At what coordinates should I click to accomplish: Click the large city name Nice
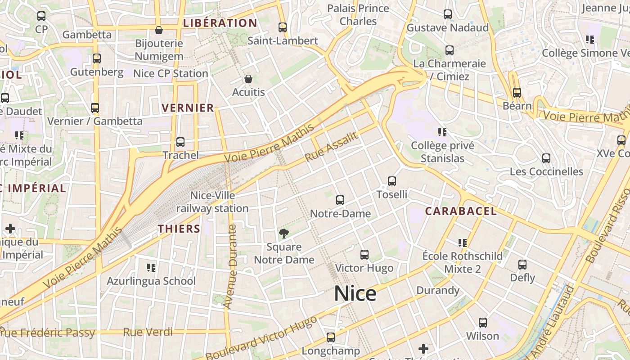[355, 294]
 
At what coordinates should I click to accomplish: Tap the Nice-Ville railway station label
[212, 202]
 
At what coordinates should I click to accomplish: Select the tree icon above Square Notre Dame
[283, 233]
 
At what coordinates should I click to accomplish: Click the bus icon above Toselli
[392, 181]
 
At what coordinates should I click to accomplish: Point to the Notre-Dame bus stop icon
[340, 200]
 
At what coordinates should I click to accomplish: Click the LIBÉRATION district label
[220, 23]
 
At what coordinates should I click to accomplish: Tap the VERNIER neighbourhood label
[188, 108]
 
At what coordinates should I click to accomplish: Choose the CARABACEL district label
[461, 211]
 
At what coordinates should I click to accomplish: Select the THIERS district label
[179, 229]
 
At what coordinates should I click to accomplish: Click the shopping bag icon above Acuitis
[248, 79]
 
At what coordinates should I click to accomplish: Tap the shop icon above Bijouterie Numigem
[159, 30]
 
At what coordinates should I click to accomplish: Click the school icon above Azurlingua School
[151, 268]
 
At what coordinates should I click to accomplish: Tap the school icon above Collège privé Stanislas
[442, 132]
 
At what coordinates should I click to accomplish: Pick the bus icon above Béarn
[517, 93]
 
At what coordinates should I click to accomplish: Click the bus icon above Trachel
[180, 142]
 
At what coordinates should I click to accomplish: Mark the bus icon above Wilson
[483, 323]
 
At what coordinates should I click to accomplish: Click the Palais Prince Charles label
[358, 15]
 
